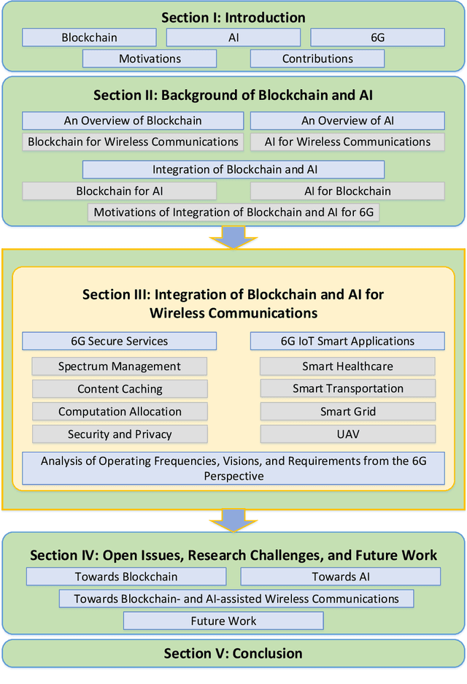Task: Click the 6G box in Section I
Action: point(377,37)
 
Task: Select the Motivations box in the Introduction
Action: point(149,58)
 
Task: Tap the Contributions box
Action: point(317,58)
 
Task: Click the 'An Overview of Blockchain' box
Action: point(133,120)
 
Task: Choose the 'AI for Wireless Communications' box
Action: point(347,142)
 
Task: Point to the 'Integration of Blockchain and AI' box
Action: point(233,169)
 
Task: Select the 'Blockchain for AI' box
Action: point(120,191)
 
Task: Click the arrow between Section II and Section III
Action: point(233,237)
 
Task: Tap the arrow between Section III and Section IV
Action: point(233,520)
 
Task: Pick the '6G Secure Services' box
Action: point(120,341)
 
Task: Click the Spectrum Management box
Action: point(120,366)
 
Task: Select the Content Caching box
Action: point(120,389)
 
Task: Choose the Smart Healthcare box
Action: point(347,366)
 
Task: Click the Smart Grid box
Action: point(347,412)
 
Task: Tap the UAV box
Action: point(347,434)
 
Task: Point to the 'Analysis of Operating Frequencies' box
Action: point(233,469)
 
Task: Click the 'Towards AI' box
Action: point(341,577)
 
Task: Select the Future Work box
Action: point(223,621)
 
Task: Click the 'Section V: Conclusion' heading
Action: point(233,653)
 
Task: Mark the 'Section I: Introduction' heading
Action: point(233,18)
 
